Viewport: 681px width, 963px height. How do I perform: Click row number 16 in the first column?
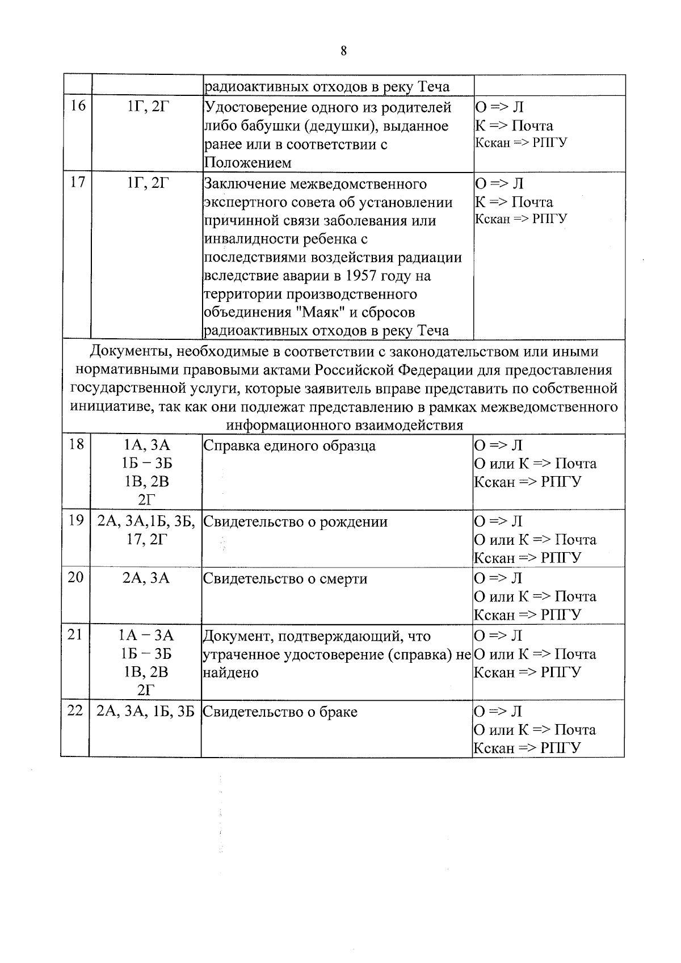(x=77, y=106)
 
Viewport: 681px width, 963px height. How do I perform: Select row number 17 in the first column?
(x=77, y=182)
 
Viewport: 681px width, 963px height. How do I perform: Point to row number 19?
(x=76, y=520)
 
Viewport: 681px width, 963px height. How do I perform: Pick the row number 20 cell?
(x=75, y=577)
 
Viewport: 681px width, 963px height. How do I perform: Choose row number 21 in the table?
(x=75, y=634)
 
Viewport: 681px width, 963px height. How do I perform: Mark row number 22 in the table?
(x=75, y=710)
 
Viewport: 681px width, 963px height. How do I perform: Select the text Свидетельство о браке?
(x=280, y=712)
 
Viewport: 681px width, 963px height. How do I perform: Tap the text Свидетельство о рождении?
(x=295, y=522)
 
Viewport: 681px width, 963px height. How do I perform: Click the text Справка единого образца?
(x=289, y=445)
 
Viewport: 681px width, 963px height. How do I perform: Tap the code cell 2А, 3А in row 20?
(x=146, y=578)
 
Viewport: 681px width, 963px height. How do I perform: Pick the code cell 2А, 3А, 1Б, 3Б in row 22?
(x=146, y=711)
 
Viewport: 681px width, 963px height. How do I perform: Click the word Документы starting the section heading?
(x=128, y=352)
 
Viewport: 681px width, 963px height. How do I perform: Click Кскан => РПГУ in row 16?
(x=520, y=142)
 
